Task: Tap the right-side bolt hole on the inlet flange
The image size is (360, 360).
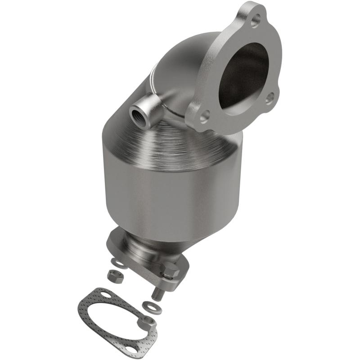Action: pyautogui.click(x=270, y=97)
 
